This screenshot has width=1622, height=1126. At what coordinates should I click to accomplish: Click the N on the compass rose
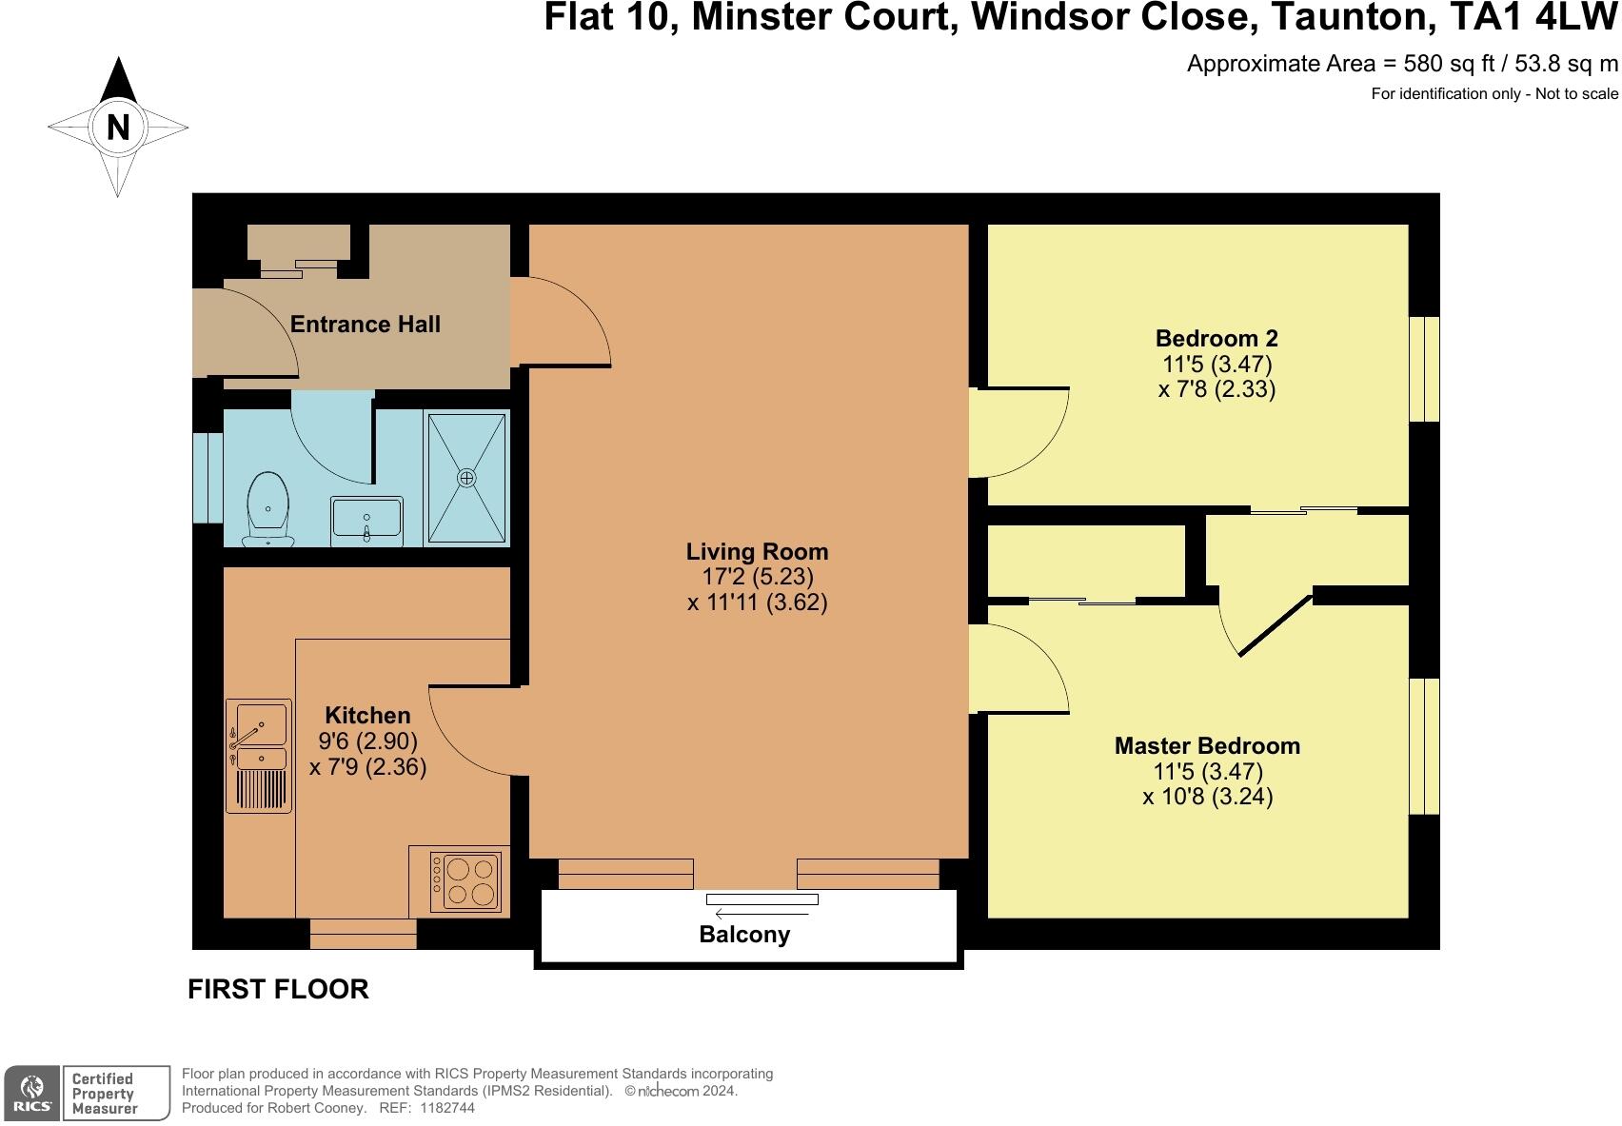point(118,127)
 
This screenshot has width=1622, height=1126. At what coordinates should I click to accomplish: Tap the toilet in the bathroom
point(267,508)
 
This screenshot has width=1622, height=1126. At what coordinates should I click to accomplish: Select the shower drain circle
point(466,478)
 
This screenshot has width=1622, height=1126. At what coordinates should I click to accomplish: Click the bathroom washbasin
point(366,522)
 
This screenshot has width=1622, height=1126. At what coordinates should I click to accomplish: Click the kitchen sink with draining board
point(258,756)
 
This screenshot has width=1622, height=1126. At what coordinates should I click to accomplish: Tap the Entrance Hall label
point(365,325)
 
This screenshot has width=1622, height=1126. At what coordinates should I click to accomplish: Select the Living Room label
point(757,552)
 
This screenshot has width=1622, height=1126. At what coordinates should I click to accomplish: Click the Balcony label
point(744,935)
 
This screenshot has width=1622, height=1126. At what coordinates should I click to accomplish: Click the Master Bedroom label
point(1207,746)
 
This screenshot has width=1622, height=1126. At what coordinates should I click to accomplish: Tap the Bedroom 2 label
point(1216,339)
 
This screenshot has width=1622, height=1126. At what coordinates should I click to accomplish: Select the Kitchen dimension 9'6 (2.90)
point(367,741)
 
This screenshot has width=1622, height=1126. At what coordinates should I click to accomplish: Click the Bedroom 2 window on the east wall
point(1424,368)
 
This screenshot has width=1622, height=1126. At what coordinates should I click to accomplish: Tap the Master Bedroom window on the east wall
point(1424,746)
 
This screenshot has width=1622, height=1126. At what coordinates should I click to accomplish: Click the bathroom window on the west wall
point(208,478)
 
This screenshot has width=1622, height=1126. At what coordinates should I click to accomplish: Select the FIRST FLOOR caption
point(278,990)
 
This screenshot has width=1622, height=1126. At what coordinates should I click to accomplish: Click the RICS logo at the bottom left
point(32,1093)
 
